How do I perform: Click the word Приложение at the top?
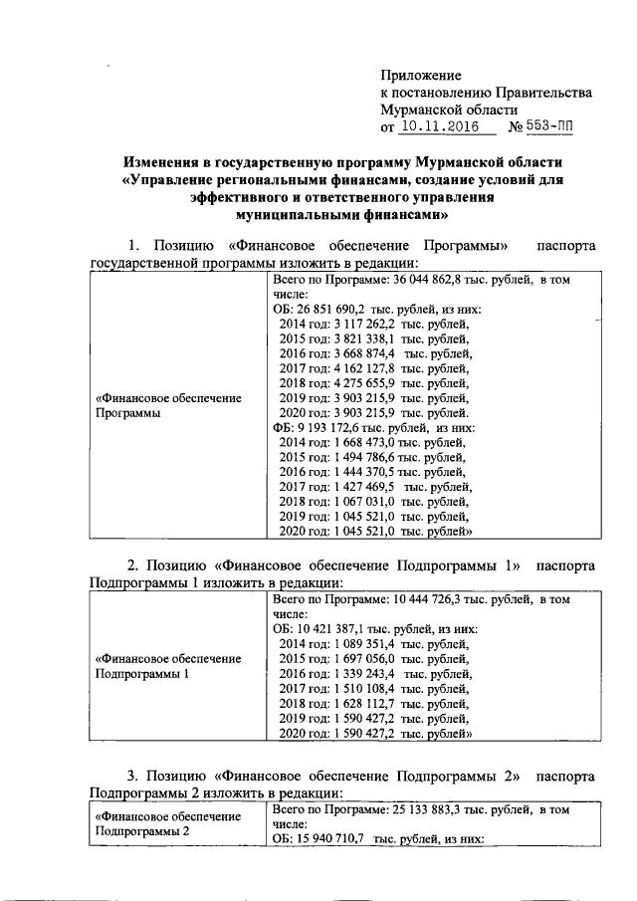tap(421, 75)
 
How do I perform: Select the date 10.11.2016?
tap(440, 128)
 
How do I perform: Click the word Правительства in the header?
tap(544, 93)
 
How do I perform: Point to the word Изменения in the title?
tap(166, 162)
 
